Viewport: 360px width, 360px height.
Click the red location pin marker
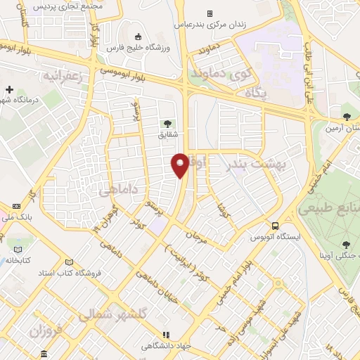[181, 165]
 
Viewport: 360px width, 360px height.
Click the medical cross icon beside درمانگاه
[9, 89]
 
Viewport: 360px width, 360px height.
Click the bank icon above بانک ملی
[16, 206]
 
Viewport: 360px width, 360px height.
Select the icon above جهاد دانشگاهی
[167, 335]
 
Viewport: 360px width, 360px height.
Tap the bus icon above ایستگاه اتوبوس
[275, 226]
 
